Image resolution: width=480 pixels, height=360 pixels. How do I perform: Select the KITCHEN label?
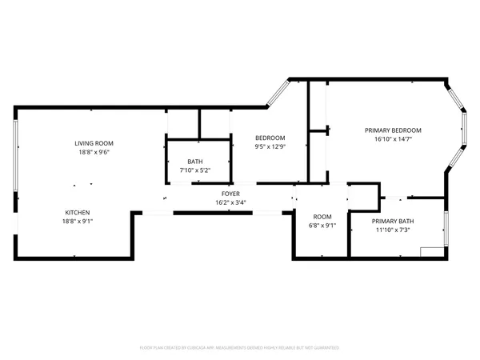(78, 212)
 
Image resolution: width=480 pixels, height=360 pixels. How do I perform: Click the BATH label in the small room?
(195, 161)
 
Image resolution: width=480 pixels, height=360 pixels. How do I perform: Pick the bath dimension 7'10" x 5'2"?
(195, 170)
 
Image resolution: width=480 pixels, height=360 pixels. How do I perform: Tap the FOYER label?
(230, 194)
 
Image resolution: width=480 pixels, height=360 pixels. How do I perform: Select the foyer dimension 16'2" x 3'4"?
(230, 202)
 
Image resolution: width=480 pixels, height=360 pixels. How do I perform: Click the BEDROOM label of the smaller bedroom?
(270, 138)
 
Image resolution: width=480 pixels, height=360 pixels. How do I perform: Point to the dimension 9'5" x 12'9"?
(270, 146)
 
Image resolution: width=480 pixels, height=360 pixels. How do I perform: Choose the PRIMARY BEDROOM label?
(393, 130)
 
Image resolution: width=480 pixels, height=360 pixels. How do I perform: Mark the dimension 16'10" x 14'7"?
(393, 139)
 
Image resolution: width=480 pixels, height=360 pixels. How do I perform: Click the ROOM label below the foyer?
(322, 217)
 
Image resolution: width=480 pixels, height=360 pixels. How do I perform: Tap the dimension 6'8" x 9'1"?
(322, 226)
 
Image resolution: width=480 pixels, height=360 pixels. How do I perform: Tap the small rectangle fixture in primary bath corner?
(432, 251)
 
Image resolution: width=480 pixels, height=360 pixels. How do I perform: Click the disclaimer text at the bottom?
(240, 348)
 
